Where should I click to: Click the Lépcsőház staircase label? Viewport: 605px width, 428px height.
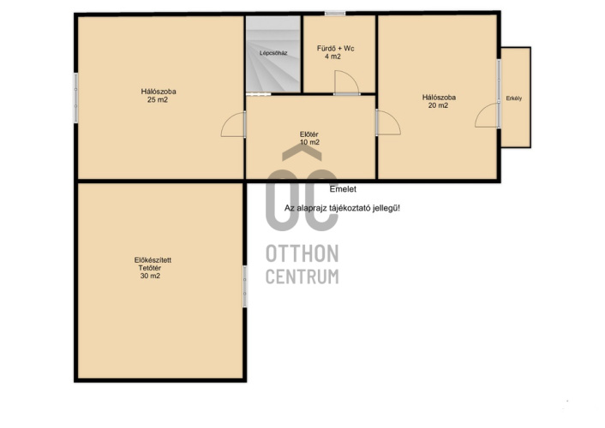pyautogui.click(x=273, y=53)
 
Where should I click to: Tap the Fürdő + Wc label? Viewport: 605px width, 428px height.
pyautogui.click(x=335, y=49)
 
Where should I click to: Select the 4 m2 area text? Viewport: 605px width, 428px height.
pyautogui.click(x=332, y=56)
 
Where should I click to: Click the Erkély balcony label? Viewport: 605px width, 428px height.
pyautogui.click(x=514, y=98)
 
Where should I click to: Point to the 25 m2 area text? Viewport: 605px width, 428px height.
pyautogui.click(x=158, y=100)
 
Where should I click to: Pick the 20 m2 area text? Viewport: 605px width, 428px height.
pyautogui.click(x=438, y=105)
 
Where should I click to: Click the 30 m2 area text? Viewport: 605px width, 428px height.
pyautogui.click(x=150, y=276)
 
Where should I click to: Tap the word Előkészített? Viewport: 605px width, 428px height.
pyautogui.click(x=153, y=260)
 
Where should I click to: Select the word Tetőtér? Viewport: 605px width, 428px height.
pyautogui.click(x=150, y=268)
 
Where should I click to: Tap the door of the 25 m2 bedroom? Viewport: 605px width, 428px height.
pyautogui.click(x=233, y=124)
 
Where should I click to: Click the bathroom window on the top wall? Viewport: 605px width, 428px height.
pyautogui.click(x=335, y=14)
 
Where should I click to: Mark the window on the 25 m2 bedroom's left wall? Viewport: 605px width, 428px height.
pyautogui.click(x=76, y=98)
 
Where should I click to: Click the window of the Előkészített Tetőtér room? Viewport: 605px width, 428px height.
pyautogui.click(x=244, y=286)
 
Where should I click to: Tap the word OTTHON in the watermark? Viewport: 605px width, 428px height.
pyautogui.click(x=302, y=253)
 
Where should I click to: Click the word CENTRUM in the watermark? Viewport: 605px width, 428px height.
pyautogui.click(x=302, y=276)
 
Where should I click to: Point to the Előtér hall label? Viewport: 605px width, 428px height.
pyautogui.click(x=309, y=134)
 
